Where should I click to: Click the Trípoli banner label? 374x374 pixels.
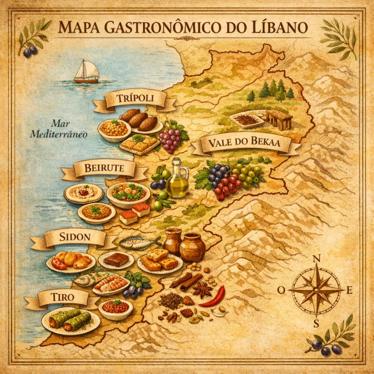(135, 98)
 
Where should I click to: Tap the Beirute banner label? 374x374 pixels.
(104, 169)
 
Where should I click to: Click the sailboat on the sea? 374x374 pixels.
(87, 72)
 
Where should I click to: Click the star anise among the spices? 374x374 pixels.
(202, 290)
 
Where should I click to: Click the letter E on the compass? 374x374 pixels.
(349, 291)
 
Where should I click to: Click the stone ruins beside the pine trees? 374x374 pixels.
(279, 119)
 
